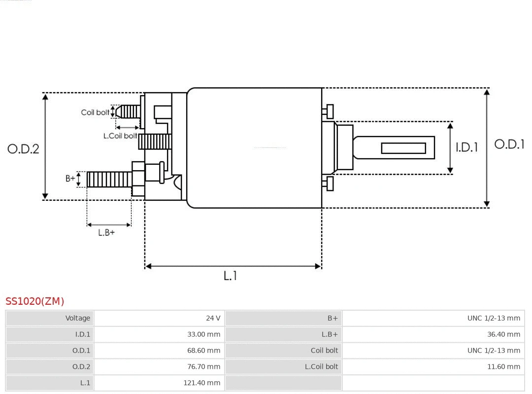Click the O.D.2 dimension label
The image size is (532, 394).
point(23,149)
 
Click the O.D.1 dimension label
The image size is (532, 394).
point(509,144)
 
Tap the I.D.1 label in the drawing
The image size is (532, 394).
point(466,147)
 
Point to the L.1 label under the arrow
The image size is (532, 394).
point(230,276)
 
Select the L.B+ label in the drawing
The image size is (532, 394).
point(106,233)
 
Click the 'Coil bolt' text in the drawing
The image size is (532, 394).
point(95,112)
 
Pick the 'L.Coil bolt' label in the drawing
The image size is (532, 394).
point(120,136)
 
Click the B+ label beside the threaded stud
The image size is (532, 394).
point(70,179)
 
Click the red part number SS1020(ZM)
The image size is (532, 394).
point(34,301)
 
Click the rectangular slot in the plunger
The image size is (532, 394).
point(403,148)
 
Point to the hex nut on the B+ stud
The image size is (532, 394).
point(138,179)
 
